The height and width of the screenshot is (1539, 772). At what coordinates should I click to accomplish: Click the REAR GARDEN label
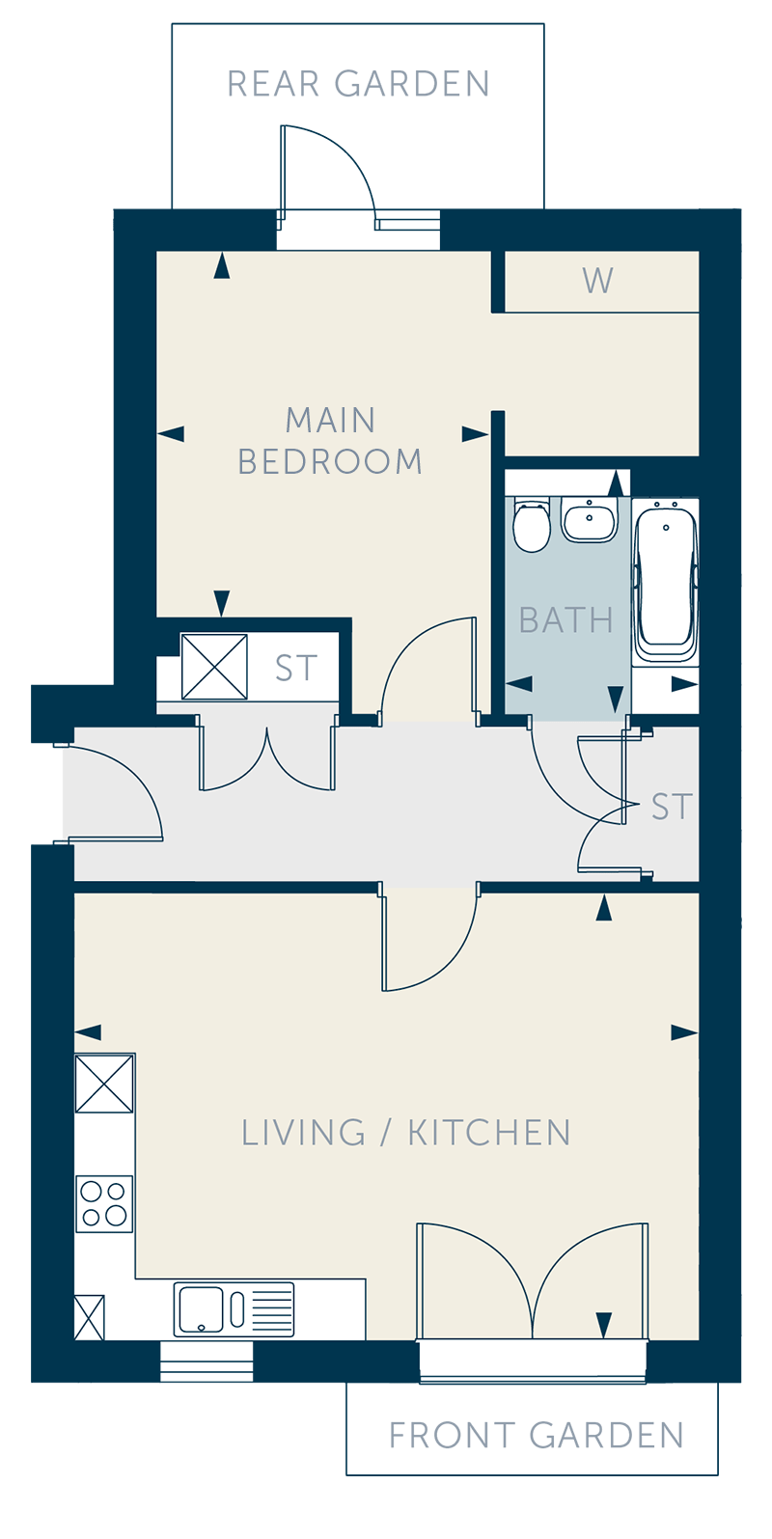pyautogui.click(x=358, y=84)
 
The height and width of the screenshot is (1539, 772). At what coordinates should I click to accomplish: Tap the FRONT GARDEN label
pyautogui.click(x=537, y=1435)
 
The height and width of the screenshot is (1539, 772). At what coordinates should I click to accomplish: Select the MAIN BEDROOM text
pyautogui.click(x=330, y=440)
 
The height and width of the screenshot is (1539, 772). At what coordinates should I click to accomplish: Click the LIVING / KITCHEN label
pyautogui.click(x=406, y=1133)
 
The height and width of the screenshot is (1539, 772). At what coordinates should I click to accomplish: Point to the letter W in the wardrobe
pyautogui.click(x=597, y=281)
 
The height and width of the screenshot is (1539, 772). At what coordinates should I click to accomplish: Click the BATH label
pyautogui.click(x=565, y=619)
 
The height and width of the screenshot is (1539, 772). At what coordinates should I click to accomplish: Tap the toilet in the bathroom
pyautogui.click(x=532, y=526)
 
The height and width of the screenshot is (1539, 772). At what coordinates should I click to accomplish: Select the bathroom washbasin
pyautogui.click(x=590, y=520)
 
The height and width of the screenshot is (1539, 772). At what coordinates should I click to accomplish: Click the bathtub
pyautogui.click(x=666, y=581)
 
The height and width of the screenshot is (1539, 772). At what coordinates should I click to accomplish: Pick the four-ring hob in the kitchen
pyautogui.click(x=104, y=1204)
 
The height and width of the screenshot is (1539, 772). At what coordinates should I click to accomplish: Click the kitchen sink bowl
pyautogui.click(x=201, y=1309)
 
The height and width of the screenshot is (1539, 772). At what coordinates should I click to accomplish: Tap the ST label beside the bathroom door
pyautogui.click(x=672, y=807)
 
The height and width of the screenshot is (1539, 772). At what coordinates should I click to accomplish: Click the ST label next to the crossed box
pyautogui.click(x=296, y=668)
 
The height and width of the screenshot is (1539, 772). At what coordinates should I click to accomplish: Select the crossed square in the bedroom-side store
pyautogui.click(x=214, y=667)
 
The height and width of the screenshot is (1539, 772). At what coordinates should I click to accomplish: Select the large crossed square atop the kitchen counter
pyautogui.click(x=104, y=1084)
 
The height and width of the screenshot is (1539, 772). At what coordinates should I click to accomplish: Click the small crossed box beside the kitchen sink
pyautogui.click(x=90, y=1317)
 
